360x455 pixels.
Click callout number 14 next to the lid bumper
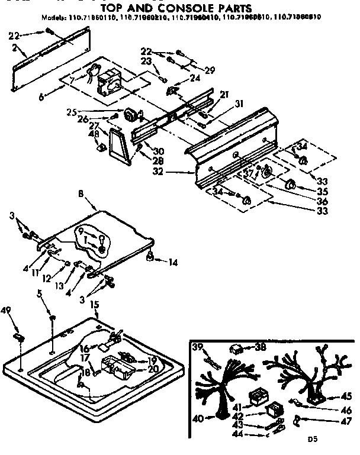click(172, 261)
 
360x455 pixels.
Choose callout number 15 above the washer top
click(93, 305)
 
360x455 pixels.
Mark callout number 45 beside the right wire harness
click(346, 397)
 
